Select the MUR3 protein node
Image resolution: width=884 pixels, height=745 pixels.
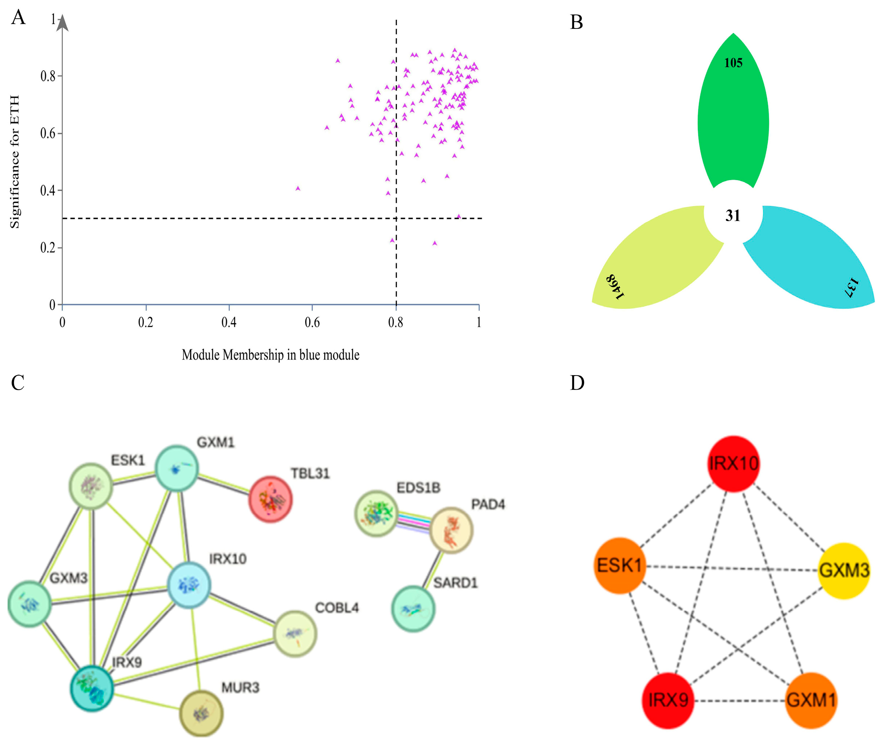[x=201, y=713]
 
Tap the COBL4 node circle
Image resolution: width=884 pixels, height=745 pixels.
[x=295, y=634]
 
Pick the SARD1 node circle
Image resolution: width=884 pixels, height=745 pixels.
[x=413, y=608]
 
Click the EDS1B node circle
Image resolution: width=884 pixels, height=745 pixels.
[x=376, y=513]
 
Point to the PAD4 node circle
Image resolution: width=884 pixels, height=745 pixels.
[x=451, y=530]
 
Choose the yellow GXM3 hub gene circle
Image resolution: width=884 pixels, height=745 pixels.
[x=844, y=571]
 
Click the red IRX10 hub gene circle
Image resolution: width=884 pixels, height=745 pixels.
[x=733, y=464]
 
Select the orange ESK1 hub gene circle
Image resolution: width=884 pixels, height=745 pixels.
[x=619, y=565]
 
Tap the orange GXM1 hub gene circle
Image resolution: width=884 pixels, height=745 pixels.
[x=810, y=701]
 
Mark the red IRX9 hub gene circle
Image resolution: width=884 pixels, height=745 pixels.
[x=668, y=701]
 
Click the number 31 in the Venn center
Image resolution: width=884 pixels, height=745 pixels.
[x=733, y=216]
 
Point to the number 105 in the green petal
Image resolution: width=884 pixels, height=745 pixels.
[x=733, y=63]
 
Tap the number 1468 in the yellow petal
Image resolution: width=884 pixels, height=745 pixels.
[x=615, y=286]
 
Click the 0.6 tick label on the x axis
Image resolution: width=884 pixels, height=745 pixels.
[x=312, y=323]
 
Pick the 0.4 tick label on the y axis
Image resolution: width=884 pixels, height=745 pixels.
[x=48, y=190]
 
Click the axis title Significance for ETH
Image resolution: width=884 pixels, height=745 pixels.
[x=15, y=162]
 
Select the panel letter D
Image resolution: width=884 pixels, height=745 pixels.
[x=577, y=383]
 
